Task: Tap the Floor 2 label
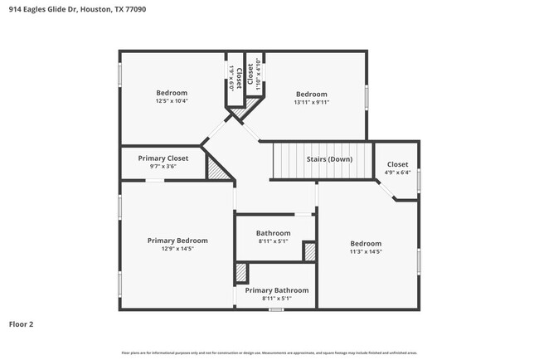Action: (21, 324)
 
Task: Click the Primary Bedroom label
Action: (177, 241)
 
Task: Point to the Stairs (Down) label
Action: (328, 159)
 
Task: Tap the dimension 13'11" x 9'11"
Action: (312, 103)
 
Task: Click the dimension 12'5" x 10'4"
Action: (172, 101)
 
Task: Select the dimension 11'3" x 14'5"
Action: (365, 251)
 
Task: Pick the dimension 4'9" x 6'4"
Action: (397, 173)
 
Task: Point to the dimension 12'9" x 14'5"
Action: (177, 249)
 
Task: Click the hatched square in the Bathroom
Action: (309, 251)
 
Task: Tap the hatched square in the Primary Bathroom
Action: (241, 273)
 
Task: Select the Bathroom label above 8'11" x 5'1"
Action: (273, 233)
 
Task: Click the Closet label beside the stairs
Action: (397, 164)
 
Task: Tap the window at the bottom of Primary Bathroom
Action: (276, 310)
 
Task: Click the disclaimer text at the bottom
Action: (269, 353)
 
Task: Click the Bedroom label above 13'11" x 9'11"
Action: (312, 94)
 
